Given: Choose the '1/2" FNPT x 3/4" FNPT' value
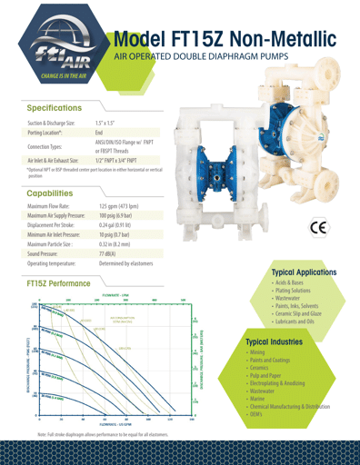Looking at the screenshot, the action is coord(129,159).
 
